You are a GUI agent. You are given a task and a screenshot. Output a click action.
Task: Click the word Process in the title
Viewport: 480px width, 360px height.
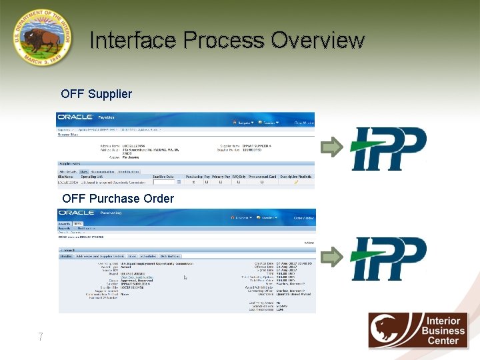224,41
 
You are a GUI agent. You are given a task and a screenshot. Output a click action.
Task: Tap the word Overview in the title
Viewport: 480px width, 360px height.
318,41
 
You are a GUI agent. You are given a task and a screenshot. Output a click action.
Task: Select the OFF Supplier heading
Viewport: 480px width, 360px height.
96,94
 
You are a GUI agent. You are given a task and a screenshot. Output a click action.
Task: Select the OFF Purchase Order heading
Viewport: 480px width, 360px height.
118,199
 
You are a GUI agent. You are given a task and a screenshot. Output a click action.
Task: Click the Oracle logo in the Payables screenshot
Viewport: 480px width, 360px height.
75,117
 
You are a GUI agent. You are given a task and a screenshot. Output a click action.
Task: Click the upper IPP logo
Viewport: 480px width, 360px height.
388,148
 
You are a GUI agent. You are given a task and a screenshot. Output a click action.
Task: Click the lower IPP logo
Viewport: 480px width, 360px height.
388,258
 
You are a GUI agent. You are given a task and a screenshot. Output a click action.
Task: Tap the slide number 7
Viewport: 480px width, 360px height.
41,337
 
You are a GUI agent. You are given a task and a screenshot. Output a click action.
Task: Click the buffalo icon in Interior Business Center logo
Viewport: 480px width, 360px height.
391,330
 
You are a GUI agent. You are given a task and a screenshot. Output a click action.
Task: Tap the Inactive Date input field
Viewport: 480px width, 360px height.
163,182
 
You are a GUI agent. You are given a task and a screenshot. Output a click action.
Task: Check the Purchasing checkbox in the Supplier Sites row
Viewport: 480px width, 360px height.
193,182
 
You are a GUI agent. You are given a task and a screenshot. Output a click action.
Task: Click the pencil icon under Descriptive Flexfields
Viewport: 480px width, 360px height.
295,182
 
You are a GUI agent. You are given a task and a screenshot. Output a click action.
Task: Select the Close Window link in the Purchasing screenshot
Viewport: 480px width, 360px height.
303,218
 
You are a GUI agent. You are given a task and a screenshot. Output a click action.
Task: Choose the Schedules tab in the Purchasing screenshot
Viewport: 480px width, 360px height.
148,256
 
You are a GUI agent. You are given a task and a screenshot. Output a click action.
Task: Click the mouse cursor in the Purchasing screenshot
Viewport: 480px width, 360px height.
185,277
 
